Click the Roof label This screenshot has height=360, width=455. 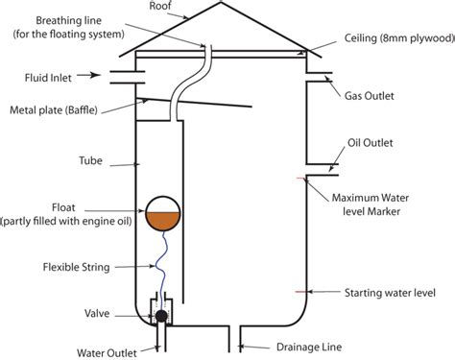[x=162, y=6]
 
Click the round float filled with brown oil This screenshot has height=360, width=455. [x=160, y=214]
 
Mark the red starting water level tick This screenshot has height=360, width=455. [x=301, y=290]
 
